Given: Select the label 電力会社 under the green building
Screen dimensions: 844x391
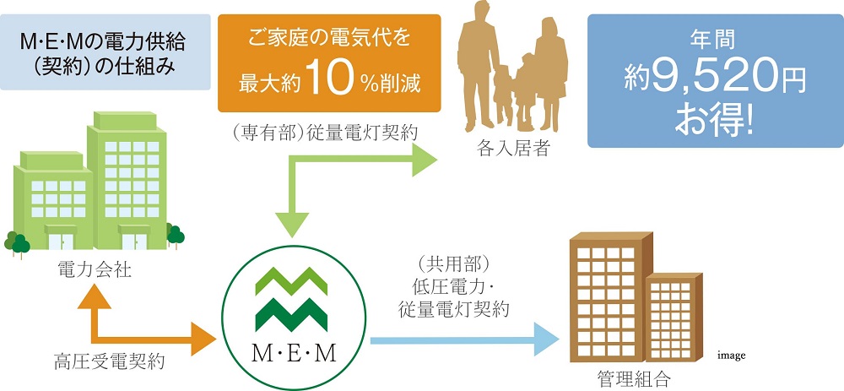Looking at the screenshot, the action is tap(94, 271).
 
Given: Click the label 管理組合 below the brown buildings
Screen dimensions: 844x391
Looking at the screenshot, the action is tap(634, 377).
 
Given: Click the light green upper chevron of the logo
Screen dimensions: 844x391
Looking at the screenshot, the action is tap(291, 281).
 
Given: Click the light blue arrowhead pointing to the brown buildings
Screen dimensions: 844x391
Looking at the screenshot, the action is tap(547, 340).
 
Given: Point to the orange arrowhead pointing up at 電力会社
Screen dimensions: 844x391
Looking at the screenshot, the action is tap(95, 297).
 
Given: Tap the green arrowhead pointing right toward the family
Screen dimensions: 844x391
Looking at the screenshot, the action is tap(425, 160).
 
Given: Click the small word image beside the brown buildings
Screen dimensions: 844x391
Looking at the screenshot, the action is tap(730, 356).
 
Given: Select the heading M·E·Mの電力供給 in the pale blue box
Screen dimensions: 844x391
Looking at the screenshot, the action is tap(102, 42).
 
